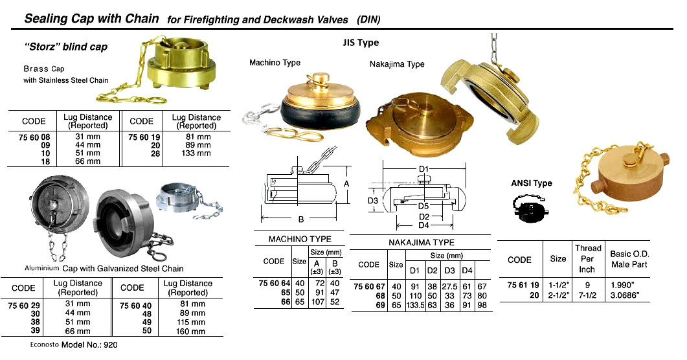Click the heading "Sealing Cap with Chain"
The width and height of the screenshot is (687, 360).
click(x=91, y=19)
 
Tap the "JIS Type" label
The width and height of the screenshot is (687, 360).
click(x=361, y=43)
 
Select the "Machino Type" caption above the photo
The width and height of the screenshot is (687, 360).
click(x=275, y=63)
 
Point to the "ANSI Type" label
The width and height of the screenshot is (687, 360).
click(x=532, y=183)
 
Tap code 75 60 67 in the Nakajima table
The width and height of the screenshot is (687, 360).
click(x=368, y=287)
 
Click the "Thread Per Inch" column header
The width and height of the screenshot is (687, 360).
click(x=588, y=258)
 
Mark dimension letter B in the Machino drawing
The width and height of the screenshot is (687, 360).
click(x=302, y=219)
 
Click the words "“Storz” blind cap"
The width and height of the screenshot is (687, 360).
click(x=66, y=47)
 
